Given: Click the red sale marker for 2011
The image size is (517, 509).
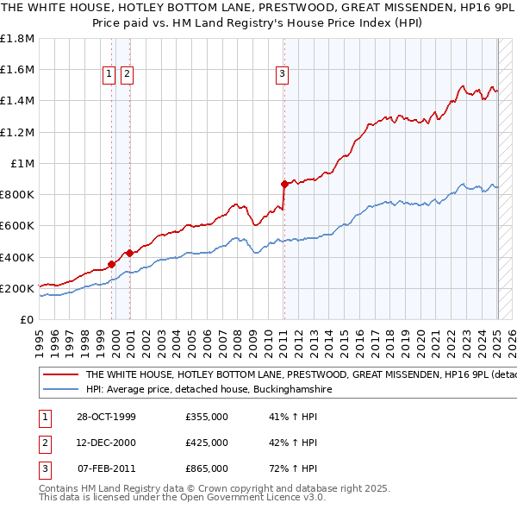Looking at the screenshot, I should coord(283,184).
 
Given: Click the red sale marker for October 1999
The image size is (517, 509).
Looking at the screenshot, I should coord(111,264).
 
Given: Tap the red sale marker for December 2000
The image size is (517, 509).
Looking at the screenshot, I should coord(129,253).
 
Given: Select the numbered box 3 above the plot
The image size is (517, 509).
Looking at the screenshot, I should coord(282,75).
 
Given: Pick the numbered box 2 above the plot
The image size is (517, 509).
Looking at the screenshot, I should coord(127,75).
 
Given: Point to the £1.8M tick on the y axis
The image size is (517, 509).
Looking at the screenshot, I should coord(18,39).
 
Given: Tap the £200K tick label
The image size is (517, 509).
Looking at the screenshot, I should coord(18,289).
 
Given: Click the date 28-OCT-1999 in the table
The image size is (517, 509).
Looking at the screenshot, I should coord(107,417).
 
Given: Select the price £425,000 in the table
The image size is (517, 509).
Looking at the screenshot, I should coord(207,443).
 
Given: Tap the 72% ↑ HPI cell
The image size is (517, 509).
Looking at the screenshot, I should coord(294,468).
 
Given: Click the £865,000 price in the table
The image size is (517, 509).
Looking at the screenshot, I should coord(207,468).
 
